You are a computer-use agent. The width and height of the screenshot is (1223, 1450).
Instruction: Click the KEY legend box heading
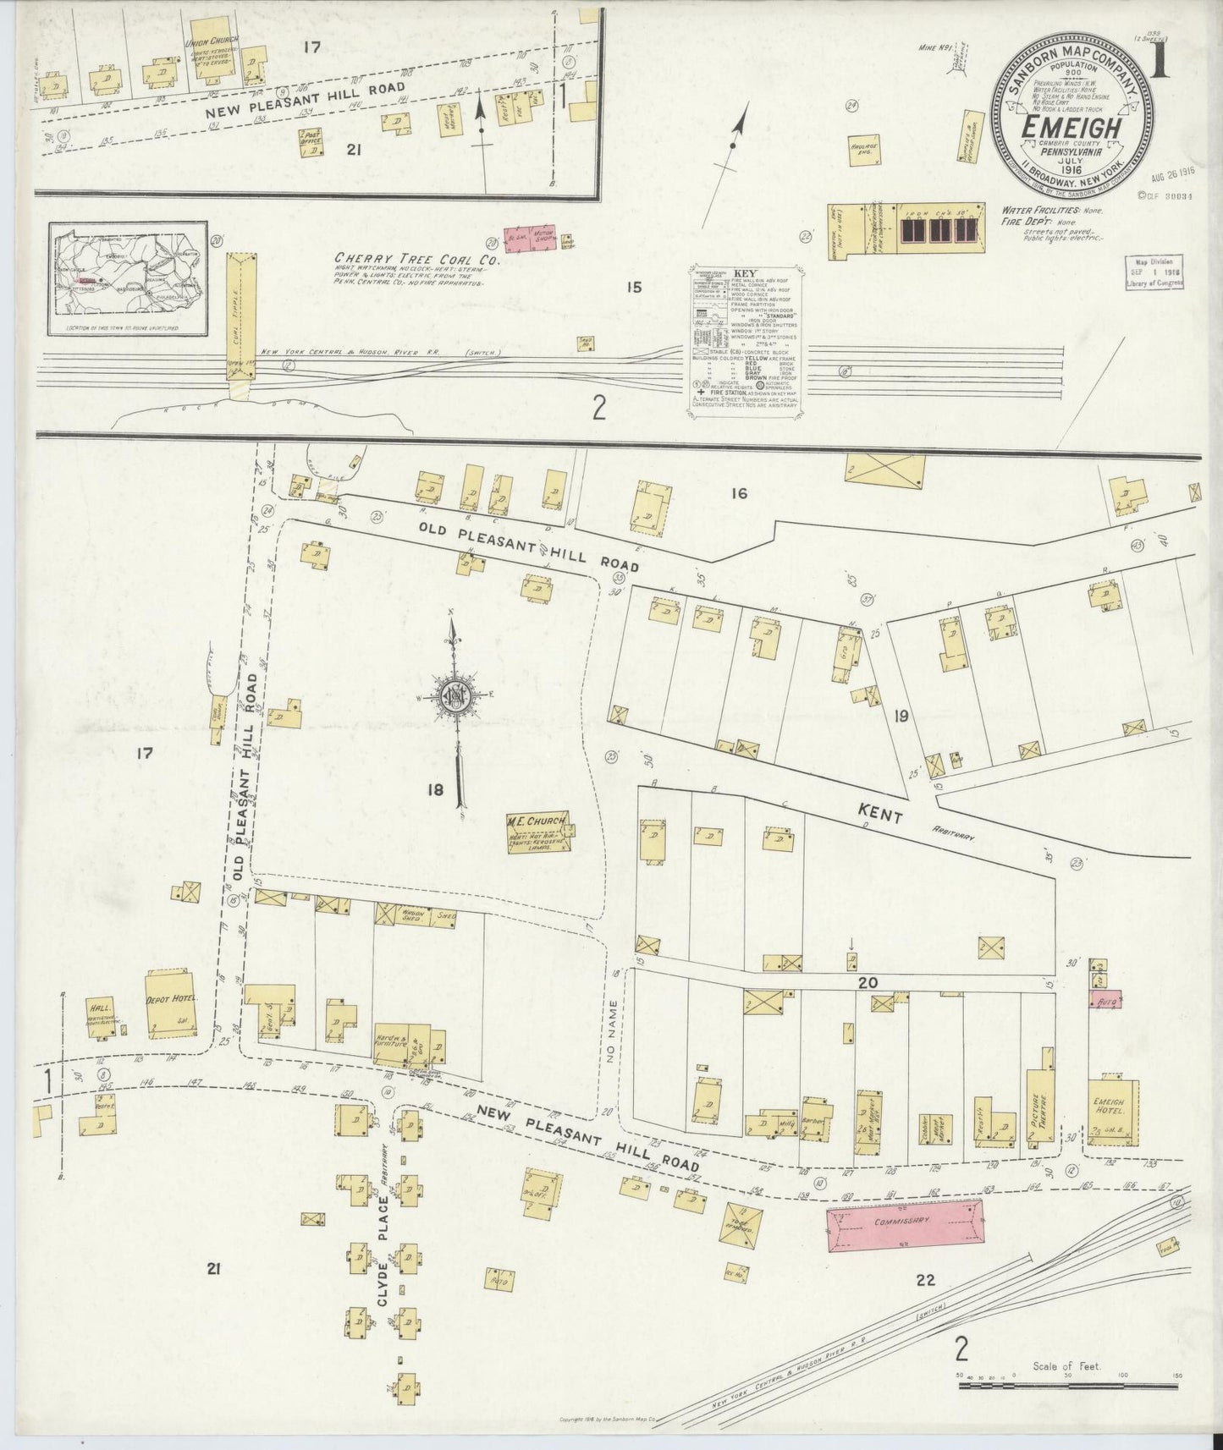(745, 274)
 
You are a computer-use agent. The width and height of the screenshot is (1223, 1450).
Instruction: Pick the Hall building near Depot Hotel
(100, 1018)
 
